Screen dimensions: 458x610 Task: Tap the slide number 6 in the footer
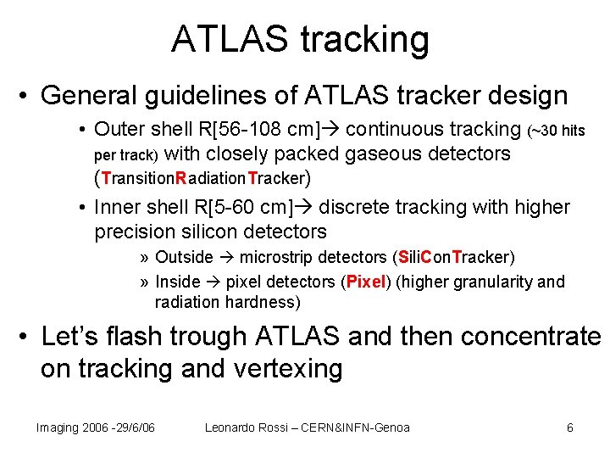(570, 427)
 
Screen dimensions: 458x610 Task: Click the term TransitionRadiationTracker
(202, 179)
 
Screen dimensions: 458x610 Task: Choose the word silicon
(208, 231)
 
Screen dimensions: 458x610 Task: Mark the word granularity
(491, 282)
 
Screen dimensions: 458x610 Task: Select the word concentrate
(527, 338)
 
